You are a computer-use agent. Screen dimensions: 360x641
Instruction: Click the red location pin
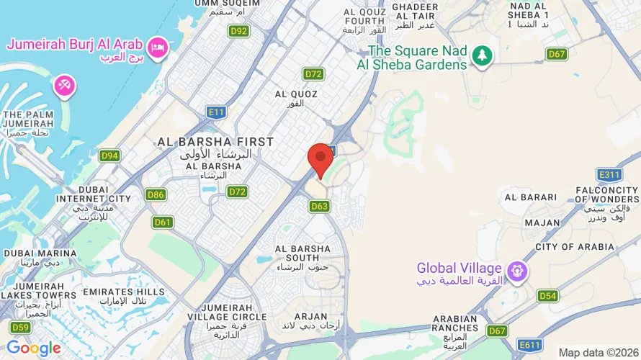320,158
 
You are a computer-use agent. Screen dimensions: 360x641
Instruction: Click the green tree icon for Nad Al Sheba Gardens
482,55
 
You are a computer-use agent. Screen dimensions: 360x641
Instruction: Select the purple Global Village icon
516,272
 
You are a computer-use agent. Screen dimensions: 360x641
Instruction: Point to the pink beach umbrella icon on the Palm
64,86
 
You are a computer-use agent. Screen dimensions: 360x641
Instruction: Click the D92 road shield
238,31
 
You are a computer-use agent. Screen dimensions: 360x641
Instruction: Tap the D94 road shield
109,156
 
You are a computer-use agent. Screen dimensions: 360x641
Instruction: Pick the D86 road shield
156,194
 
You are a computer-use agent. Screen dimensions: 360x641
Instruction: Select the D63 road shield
320,207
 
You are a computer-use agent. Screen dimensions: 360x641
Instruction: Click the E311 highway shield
609,175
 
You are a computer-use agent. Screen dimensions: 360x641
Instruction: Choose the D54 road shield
548,296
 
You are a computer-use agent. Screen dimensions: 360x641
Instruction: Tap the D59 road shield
21,328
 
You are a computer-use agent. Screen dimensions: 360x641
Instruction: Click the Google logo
34,348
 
